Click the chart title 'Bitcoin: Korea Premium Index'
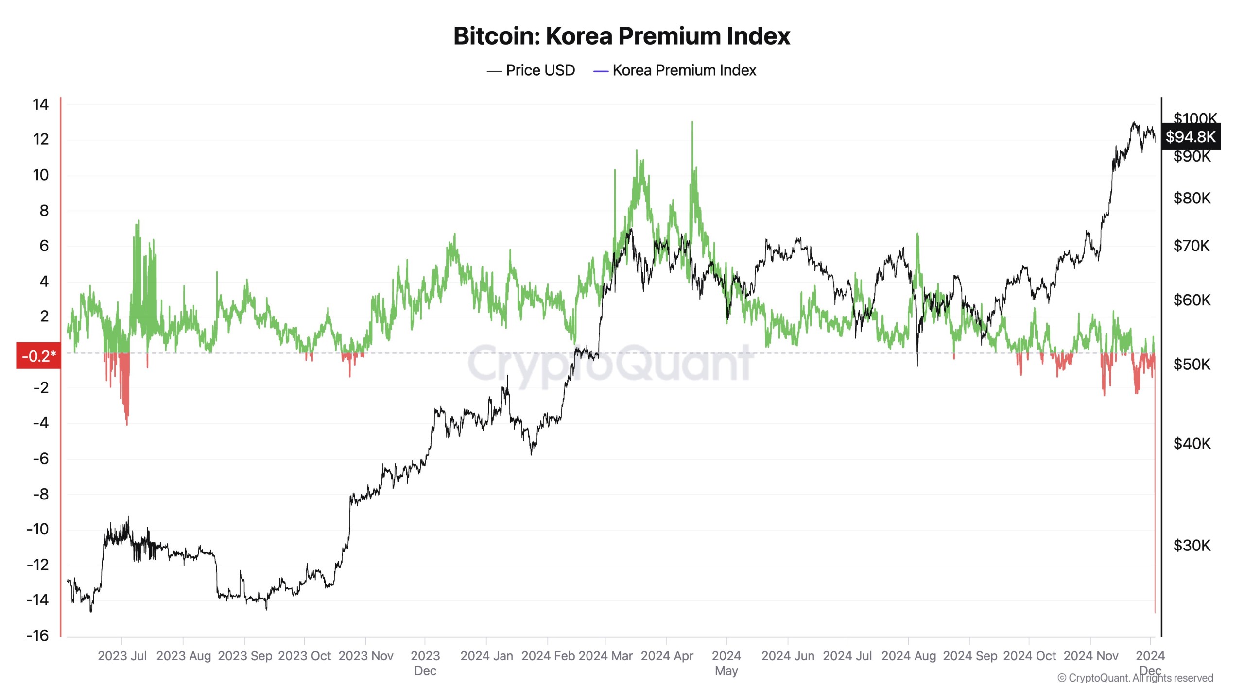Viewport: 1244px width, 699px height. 622,36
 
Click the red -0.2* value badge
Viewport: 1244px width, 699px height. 38,356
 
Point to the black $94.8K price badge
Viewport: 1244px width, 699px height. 1190,137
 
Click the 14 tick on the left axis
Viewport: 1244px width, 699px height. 41,104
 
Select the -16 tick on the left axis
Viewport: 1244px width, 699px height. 38,635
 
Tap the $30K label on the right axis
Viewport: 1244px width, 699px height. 1192,546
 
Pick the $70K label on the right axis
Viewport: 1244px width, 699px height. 1192,246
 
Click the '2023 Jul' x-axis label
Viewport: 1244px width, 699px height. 122,656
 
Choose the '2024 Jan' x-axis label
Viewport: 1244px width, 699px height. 486,656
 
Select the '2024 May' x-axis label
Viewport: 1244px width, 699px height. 726,663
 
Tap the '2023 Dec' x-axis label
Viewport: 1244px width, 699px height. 425,663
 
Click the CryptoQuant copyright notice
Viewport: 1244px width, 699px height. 1135,678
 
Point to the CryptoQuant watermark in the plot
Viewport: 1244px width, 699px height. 610,362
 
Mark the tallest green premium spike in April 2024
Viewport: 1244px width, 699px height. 692,122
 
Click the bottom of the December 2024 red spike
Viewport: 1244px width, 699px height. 1155,612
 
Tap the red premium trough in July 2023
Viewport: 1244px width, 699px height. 127,424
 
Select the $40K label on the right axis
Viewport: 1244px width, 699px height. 1192,443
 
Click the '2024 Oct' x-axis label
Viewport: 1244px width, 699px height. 1029,656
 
